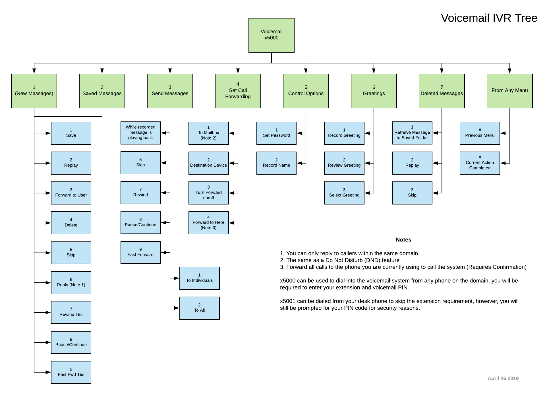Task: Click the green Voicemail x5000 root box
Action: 271,35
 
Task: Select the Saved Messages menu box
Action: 102,91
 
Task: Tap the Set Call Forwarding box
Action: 238,91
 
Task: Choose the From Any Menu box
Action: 509,91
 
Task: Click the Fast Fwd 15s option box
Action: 71,372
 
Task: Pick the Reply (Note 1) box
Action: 71,283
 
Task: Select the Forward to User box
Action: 71,193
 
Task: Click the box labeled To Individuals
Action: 199,278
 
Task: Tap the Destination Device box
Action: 208,163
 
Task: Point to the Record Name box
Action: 276,163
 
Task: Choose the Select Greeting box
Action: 344,193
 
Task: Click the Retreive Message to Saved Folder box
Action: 412,133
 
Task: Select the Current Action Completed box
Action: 480,163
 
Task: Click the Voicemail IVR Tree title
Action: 489,18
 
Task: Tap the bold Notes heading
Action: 403,240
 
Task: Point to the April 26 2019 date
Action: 503,379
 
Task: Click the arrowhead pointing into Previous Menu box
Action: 503,133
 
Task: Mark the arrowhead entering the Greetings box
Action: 374,71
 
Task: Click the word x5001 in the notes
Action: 287,301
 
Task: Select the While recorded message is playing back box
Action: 140,133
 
